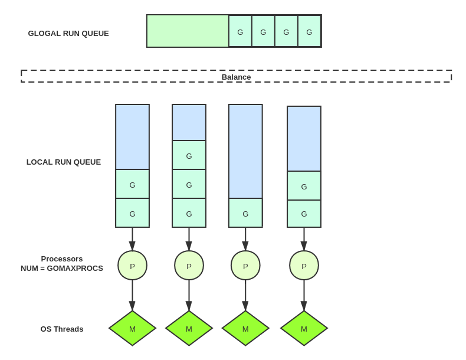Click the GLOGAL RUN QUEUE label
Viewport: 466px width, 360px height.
pos(68,34)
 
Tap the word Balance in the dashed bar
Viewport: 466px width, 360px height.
pos(236,77)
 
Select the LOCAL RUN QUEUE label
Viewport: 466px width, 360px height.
pos(64,162)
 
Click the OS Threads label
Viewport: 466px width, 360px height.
pos(62,329)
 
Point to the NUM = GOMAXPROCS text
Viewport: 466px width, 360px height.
pos(62,269)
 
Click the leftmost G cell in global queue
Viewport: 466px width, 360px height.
pos(240,32)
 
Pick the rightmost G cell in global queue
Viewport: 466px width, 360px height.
pos(309,32)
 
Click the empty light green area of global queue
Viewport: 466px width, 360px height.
pos(188,31)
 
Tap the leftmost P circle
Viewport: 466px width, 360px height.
pos(132,266)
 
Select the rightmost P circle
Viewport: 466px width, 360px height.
pos(304,266)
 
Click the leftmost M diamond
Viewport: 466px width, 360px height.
pos(132,329)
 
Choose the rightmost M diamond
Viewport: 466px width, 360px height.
pos(304,329)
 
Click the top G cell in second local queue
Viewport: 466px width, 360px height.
pos(189,155)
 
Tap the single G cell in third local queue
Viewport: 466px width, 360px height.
pos(245,213)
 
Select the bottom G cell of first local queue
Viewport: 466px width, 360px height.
pos(132,213)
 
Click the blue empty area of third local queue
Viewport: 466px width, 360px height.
pos(245,151)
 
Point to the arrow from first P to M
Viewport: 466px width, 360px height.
pos(132,295)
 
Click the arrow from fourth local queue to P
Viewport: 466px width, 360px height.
pos(304,238)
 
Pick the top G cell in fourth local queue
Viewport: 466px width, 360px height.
pos(304,186)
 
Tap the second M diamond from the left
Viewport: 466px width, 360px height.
pos(189,329)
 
